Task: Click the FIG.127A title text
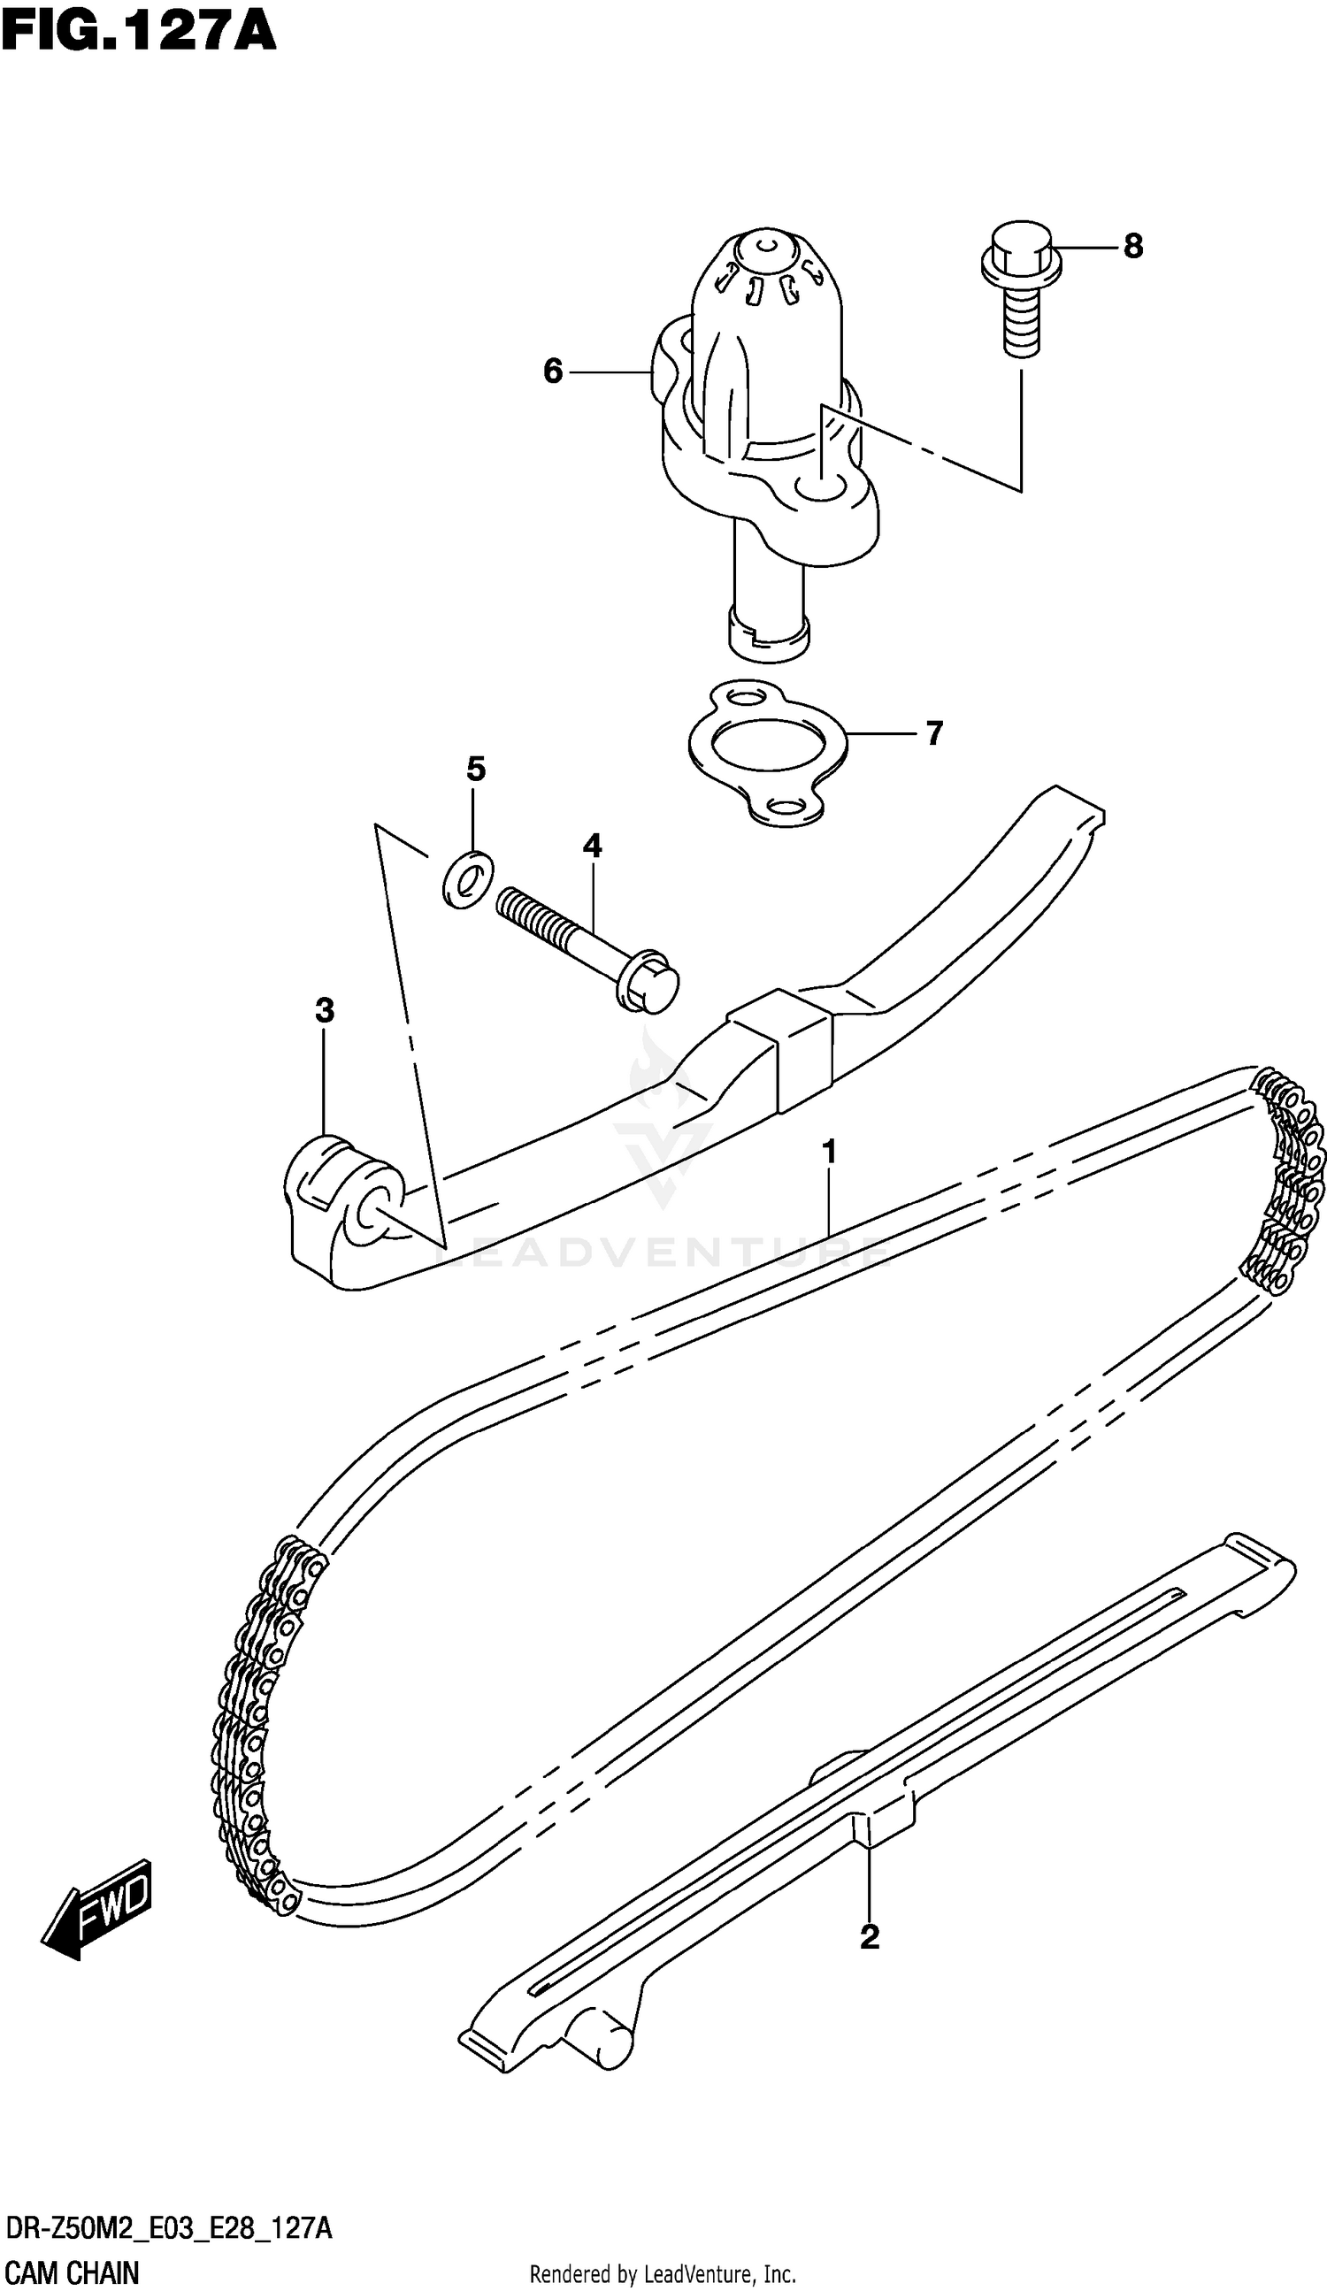138,34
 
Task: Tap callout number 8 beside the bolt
1132,247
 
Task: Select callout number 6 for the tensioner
553,372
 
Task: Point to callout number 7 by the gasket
934,732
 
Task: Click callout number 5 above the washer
476,770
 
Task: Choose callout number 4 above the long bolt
592,847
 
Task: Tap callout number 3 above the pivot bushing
325,1010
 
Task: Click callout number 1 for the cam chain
829,1152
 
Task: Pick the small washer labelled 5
467,879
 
